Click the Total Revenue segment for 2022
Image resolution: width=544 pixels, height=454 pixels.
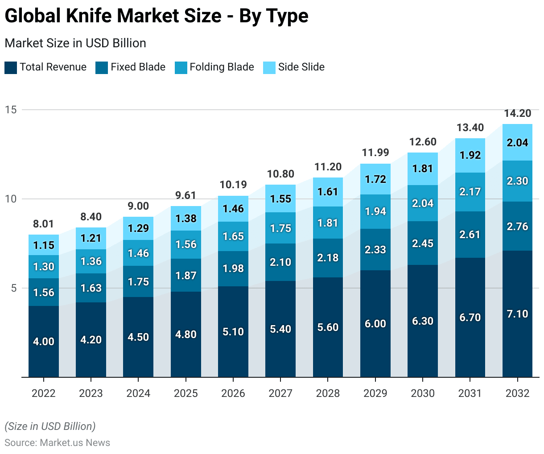(x=44, y=341)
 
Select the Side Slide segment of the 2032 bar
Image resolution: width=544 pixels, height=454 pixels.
(x=517, y=142)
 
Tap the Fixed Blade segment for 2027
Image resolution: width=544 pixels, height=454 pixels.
(x=280, y=262)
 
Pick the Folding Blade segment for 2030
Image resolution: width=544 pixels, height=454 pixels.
(x=423, y=203)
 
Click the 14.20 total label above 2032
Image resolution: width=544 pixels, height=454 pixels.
(x=517, y=113)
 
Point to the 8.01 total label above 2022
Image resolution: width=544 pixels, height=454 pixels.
(x=44, y=224)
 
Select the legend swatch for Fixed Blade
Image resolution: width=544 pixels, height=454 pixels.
(x=102, y=68)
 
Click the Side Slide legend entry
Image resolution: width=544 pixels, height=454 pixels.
(x=301, y=67)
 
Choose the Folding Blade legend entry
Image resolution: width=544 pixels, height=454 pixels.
(x=222, y=67)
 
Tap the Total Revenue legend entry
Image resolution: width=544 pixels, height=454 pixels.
(x=53, y=67)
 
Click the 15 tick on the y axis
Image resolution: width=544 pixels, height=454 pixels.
(x=11, y=110)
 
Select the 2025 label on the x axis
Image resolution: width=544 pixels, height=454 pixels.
(x=186, y=393)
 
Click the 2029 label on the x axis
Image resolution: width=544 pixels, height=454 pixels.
(x=375, y=393)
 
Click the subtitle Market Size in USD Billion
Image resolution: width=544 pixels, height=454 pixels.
(x=75, y=43)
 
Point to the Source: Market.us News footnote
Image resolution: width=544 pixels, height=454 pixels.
(x=58, y=442)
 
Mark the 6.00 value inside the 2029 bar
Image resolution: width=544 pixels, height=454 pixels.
(x=375, y=324)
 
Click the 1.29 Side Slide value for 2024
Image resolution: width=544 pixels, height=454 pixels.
(x=138, y=228)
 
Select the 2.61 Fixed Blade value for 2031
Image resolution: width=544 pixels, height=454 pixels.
(x=470, y=235)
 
